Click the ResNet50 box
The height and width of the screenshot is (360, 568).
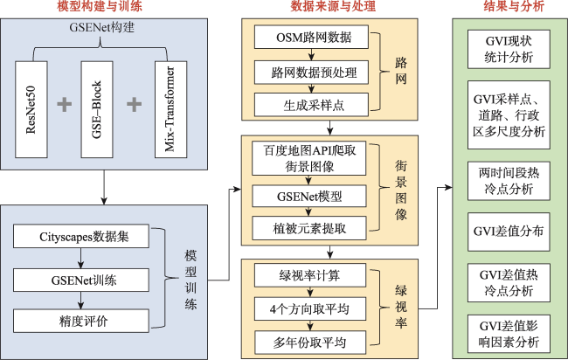pos(31,109)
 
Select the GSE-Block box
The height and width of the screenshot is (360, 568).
pos(97,109)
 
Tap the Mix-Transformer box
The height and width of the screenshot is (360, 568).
pos(171,109)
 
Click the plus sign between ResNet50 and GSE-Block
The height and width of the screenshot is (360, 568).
pos(65,104)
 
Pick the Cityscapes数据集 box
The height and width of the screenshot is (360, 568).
pos(81,236)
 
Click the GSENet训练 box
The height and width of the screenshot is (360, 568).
pos(81,280)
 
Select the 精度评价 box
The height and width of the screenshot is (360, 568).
pos(81,321)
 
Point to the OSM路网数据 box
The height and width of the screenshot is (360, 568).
pos(312,37)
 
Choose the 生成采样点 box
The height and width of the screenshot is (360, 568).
pos(312,105)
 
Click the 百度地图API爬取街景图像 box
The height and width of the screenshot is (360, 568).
pos(309,158)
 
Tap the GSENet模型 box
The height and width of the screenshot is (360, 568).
pos(309,197)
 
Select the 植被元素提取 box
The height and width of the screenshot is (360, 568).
pos(309,228)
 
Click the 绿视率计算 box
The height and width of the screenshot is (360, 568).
pos(310,275)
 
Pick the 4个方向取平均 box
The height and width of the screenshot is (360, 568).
pos(310,309)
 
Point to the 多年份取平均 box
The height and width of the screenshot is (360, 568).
pos(310,343)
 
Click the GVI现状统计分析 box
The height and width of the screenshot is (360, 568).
pos(509,49)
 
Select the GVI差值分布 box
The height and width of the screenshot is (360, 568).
pos(509,232)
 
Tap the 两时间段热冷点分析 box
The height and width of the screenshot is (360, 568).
pos(509,181)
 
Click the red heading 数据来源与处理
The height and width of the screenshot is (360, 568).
pos(333,6)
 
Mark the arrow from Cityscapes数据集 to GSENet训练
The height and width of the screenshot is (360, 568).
pos(81,259)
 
